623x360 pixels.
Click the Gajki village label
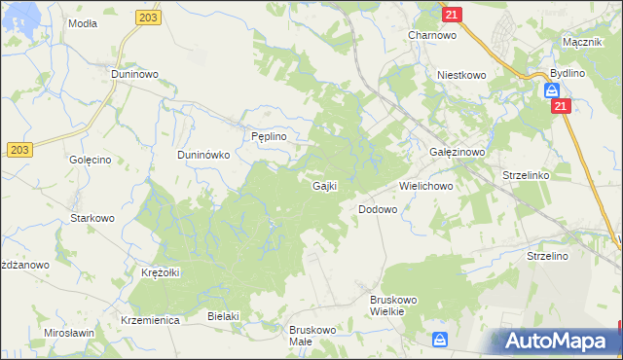pos(324,186)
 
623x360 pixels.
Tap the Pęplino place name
pos(269,137)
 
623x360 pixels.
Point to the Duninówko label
pos(202,155)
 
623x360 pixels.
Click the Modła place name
pos(84,22)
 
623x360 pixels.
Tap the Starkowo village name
pos(92,219)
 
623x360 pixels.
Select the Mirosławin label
pos(69,333)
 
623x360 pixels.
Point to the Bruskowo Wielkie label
pos(393,306)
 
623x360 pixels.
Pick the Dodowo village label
pos(378,209)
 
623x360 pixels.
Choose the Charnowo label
pos(433,35)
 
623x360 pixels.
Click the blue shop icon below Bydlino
pos(552,90)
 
